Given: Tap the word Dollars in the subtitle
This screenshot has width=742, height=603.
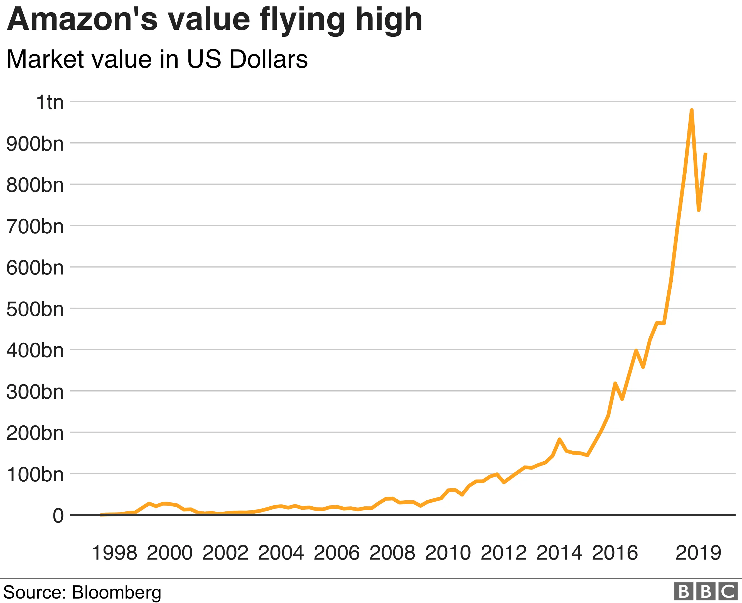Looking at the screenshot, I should (268, 59).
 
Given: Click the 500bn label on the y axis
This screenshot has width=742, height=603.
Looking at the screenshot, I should (35, 309).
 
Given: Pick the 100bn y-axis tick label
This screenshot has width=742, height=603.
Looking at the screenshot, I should (35, 474).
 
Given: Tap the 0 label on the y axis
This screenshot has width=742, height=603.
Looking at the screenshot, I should (58, 516).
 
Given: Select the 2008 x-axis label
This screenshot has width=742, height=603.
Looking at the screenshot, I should (392, 553).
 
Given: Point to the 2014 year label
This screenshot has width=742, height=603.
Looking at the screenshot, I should (559, 553).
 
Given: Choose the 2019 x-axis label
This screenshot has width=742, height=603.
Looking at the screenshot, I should (698, 553).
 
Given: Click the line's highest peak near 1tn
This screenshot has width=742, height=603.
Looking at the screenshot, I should (692, 110).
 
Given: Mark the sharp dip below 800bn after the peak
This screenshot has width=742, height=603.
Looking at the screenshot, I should (699, 210).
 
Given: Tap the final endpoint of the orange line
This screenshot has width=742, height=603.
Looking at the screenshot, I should (706, 153).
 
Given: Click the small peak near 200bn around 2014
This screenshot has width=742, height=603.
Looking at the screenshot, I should (559, 439).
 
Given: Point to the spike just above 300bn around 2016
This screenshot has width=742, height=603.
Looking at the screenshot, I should (615, 383).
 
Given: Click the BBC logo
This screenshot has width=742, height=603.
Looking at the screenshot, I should (706, 592).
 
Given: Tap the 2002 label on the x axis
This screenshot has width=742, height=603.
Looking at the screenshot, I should (225, 553).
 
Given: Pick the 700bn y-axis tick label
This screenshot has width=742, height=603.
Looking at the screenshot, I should (35, 226).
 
